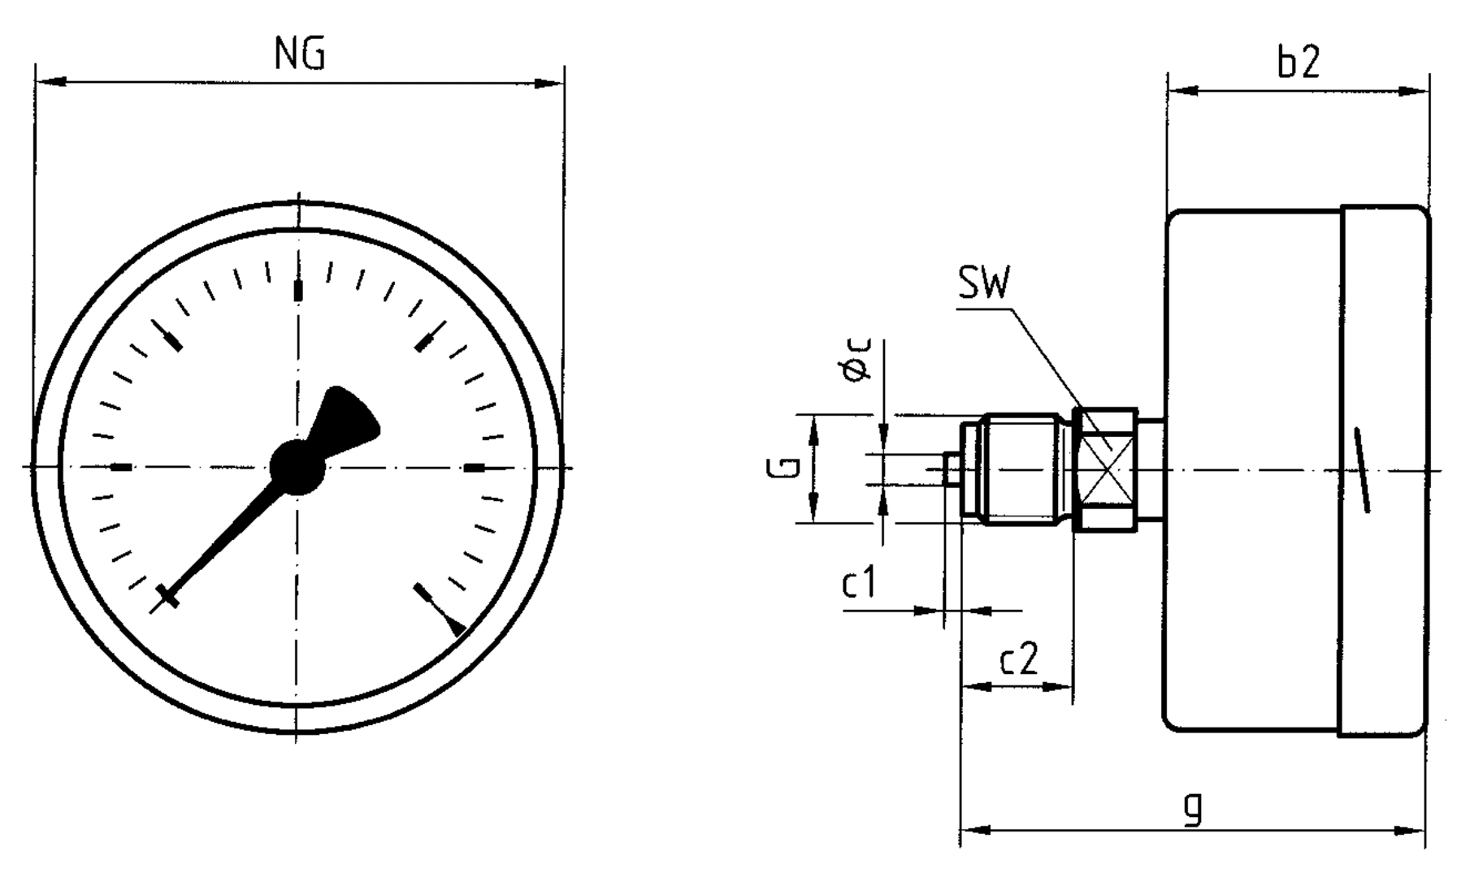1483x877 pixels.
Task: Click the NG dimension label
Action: pos(300,55)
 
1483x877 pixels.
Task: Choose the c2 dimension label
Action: pos(1019,659)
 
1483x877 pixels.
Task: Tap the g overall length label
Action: pos(1193,807)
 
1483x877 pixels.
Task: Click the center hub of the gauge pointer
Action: pos(297,468)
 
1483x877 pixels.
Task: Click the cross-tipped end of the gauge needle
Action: pos(168,595)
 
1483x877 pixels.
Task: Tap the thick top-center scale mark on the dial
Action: pos(298,291)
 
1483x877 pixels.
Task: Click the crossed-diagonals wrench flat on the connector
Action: pos(1106,470)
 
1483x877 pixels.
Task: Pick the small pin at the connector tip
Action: pos(952,469)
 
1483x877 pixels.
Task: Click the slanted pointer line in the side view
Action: pos(1362,470)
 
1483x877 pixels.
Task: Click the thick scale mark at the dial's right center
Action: pos(474,468)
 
